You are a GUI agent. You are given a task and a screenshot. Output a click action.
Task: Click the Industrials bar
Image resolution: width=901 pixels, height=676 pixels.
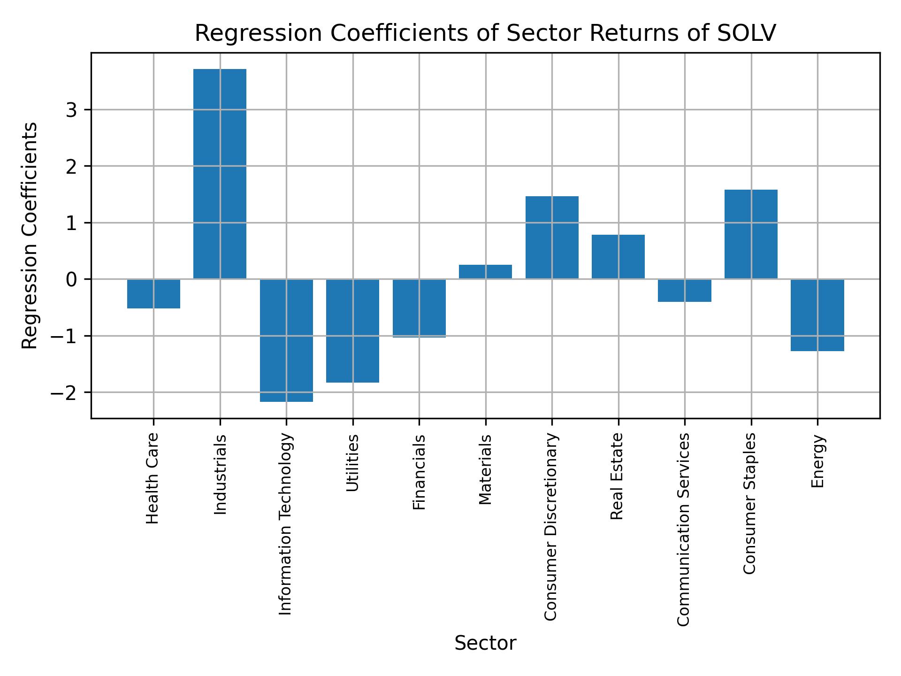click(220, 174)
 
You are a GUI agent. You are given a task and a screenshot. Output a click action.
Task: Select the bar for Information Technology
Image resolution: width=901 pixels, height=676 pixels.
click(286, 340)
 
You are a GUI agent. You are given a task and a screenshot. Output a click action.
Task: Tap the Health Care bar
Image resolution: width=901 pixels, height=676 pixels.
click(153, 293)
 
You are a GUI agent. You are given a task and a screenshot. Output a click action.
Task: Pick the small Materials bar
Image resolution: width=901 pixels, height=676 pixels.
click(485, 272)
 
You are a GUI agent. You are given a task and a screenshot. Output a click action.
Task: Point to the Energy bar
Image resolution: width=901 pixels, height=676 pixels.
click(817, 315)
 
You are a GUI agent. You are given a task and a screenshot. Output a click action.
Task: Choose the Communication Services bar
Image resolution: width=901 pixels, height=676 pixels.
click(684, 290)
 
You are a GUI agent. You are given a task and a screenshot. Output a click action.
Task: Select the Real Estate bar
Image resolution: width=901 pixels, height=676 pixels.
click(618, 256)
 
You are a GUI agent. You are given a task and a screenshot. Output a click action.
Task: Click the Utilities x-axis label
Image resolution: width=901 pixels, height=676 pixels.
click(352, 463)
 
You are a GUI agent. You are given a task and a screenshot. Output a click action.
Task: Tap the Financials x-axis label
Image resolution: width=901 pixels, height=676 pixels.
click(419, 472)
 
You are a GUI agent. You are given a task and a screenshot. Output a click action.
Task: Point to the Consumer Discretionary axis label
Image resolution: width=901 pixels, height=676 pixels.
click(551, 527)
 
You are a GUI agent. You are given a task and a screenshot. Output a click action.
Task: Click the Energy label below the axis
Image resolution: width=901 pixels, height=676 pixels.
click(817, 461)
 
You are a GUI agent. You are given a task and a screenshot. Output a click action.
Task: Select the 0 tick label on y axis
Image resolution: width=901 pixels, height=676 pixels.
click(72, 279)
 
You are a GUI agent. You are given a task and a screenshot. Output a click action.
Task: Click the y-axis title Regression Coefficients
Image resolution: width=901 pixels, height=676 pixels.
click(30, 235)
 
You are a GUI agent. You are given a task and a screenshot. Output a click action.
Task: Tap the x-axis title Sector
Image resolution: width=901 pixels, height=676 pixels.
click(485, 643)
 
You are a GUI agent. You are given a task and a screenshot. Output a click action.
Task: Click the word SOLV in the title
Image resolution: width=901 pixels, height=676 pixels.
click(747, 33)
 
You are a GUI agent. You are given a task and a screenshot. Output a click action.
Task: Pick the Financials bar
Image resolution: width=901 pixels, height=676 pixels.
click(419, 308)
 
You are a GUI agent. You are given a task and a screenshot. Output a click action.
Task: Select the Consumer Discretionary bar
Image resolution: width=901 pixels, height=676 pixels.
click(551, 238)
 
